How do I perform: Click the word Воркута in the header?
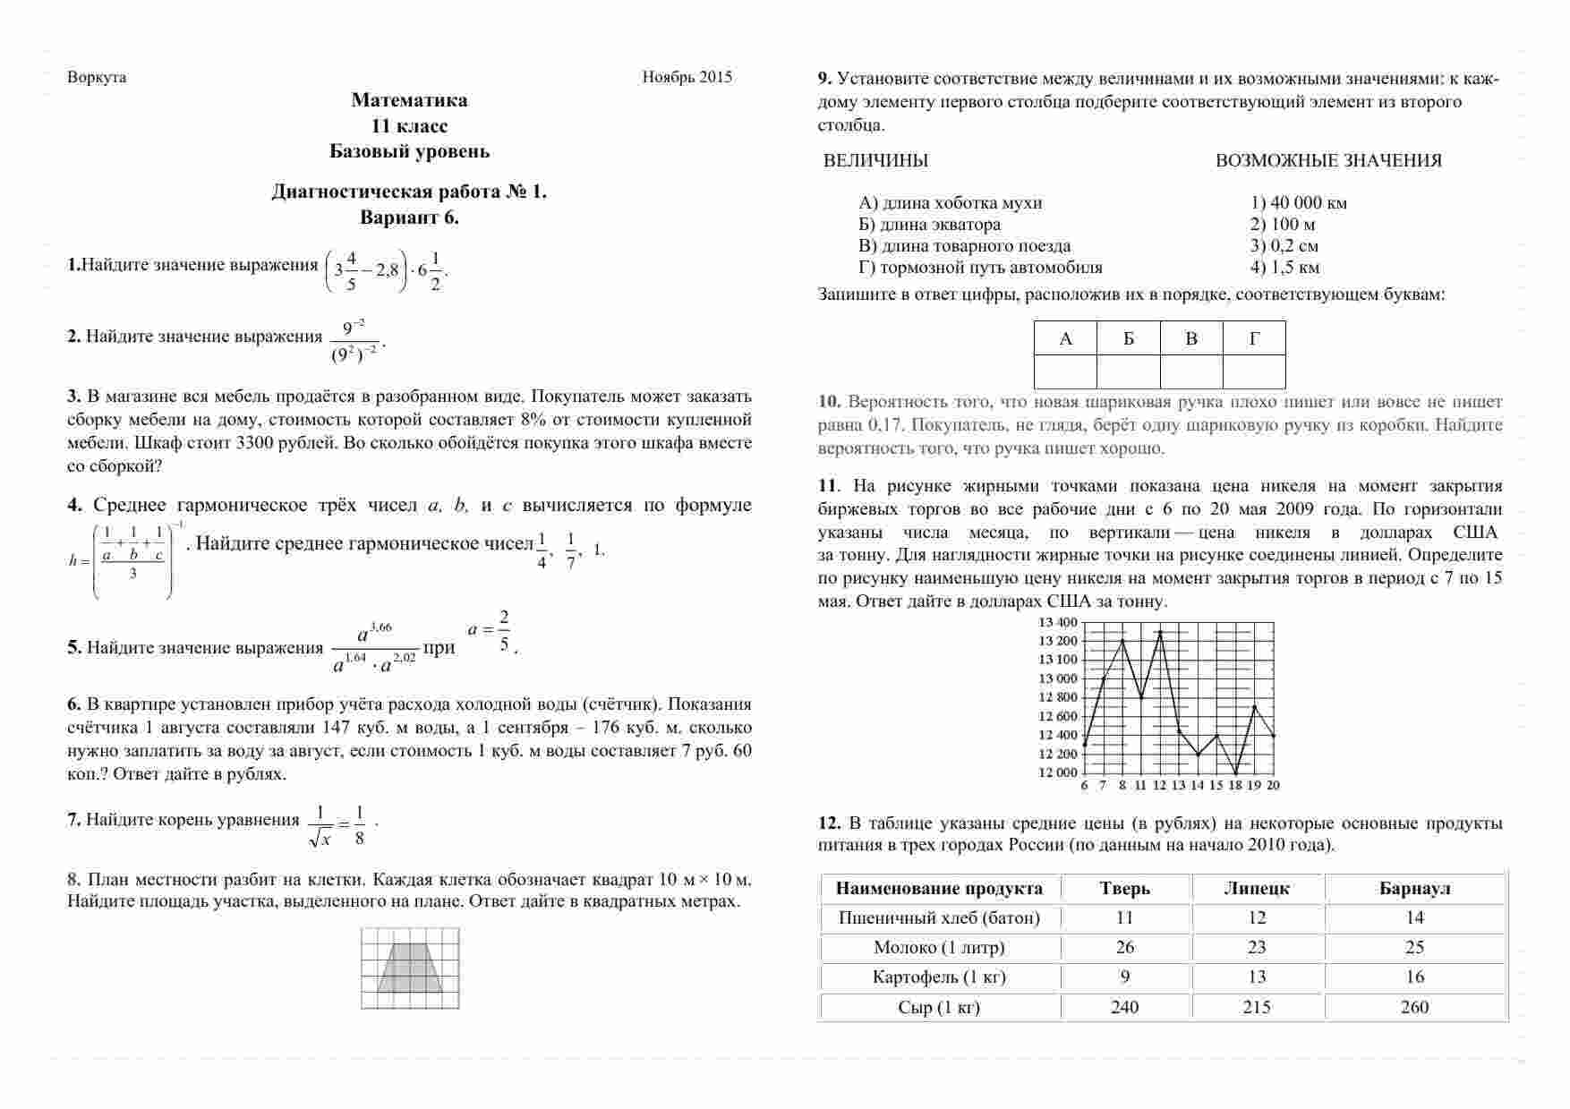(x=97, y=77)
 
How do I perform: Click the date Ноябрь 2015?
(x=687, y=77)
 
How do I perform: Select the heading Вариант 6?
(x=409, y=218)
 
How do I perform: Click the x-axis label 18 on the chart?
(x=1235, y=786)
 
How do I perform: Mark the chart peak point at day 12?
(x=1160, y=632)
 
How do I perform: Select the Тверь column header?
(x=1125, y=889)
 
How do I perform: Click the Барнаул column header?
(x=1415, y=889)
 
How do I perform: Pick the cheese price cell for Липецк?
(x=1257, y=1008)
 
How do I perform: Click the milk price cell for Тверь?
(x=1125, y=948)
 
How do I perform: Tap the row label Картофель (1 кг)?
(x=939, y=977)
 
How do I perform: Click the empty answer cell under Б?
(x=1128, y=371)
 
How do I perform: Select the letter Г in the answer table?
(x=1254, y=339)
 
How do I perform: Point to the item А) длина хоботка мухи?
(x=950, y=203)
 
